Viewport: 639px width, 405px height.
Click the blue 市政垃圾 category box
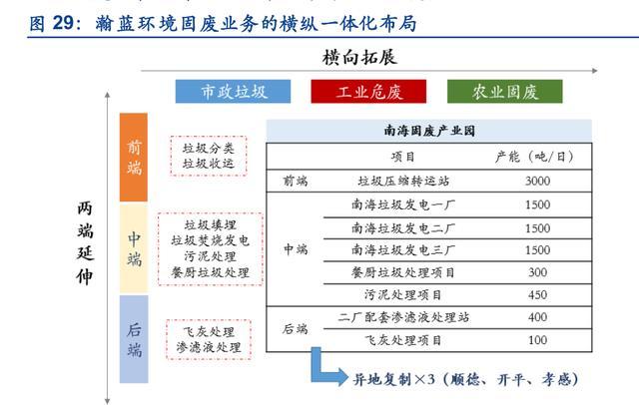(233, 91)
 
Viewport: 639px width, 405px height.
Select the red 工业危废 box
(368, 91)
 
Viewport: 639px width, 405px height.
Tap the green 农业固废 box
(505, 91)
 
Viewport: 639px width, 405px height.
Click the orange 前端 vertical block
(134, 158)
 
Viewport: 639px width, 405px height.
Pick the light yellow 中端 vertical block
(134, 248)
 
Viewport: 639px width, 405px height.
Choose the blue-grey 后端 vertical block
(134, 339)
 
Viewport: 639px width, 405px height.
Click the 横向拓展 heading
(359, 57)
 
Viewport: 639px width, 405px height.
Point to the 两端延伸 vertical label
(85, 242)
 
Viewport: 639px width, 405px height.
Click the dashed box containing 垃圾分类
(209, 156)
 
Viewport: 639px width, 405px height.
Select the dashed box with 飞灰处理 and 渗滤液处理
(209, 340)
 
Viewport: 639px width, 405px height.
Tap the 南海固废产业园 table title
(429, 131)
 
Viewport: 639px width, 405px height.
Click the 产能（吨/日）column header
(534, 157)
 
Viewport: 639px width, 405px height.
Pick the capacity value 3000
(537, 181)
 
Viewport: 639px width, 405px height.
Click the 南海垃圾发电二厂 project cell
(403, 228)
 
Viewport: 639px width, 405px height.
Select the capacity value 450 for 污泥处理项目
(537, 294)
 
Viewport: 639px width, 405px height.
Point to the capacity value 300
(537, 272)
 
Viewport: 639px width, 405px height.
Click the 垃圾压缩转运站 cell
(403, 181)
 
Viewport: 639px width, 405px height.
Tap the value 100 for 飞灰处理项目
(537, 340)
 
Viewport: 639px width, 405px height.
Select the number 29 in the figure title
(63, 22)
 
